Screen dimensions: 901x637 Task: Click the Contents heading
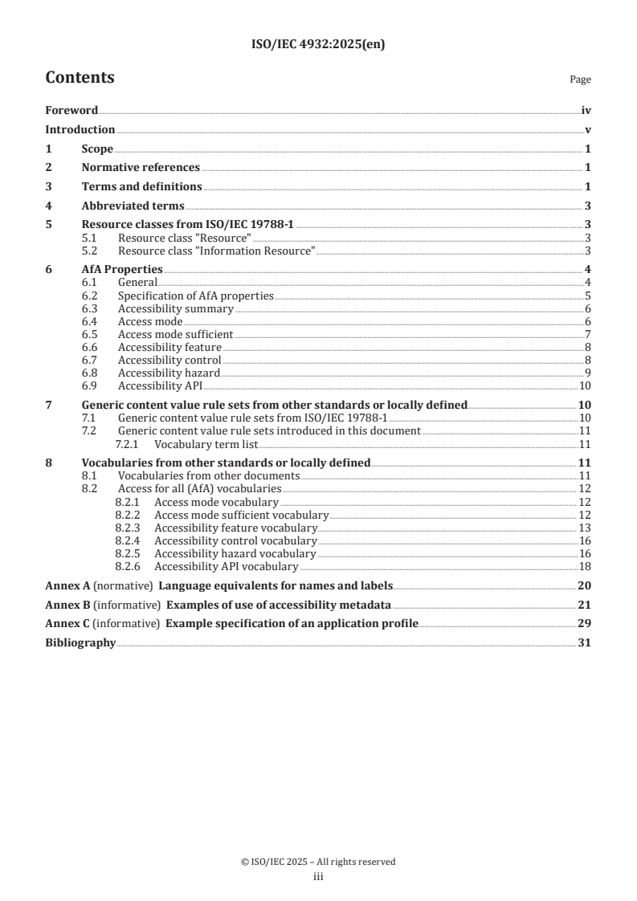80,78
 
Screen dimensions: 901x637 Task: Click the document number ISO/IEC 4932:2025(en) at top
318,46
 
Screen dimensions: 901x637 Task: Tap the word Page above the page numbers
580,79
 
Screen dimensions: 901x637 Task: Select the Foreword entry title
71,111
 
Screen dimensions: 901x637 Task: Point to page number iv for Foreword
586,111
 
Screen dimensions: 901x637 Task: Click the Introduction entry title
80,129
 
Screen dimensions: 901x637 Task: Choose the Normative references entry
141,167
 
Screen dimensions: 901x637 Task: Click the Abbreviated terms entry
133,206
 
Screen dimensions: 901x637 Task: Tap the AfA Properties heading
122,269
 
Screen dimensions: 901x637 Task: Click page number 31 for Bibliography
585,643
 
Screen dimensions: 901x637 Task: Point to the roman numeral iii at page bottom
318,878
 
